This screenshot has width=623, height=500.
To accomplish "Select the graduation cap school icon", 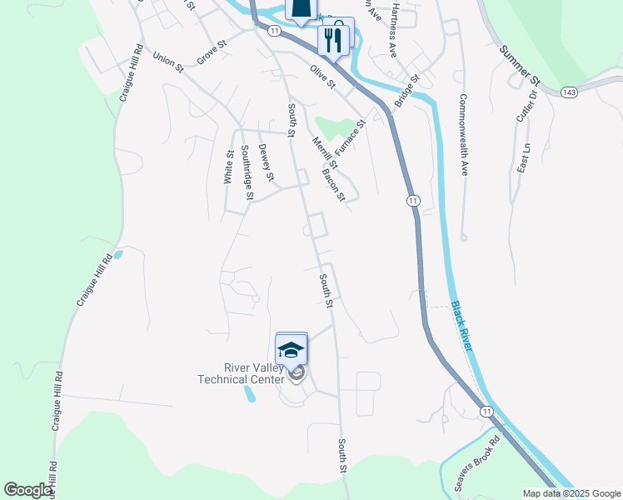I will pos(292,348).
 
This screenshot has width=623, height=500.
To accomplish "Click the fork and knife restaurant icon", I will pos(333,39).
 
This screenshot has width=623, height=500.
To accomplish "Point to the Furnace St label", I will pos(351,138).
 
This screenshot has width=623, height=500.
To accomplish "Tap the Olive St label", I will pos(322,77).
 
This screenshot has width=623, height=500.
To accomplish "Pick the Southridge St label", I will pos(247,172).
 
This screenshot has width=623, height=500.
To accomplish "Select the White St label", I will pos(229,167).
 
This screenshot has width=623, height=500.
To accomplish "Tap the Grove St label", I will pos(212,52).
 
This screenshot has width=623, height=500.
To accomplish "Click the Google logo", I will pos(28,490).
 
